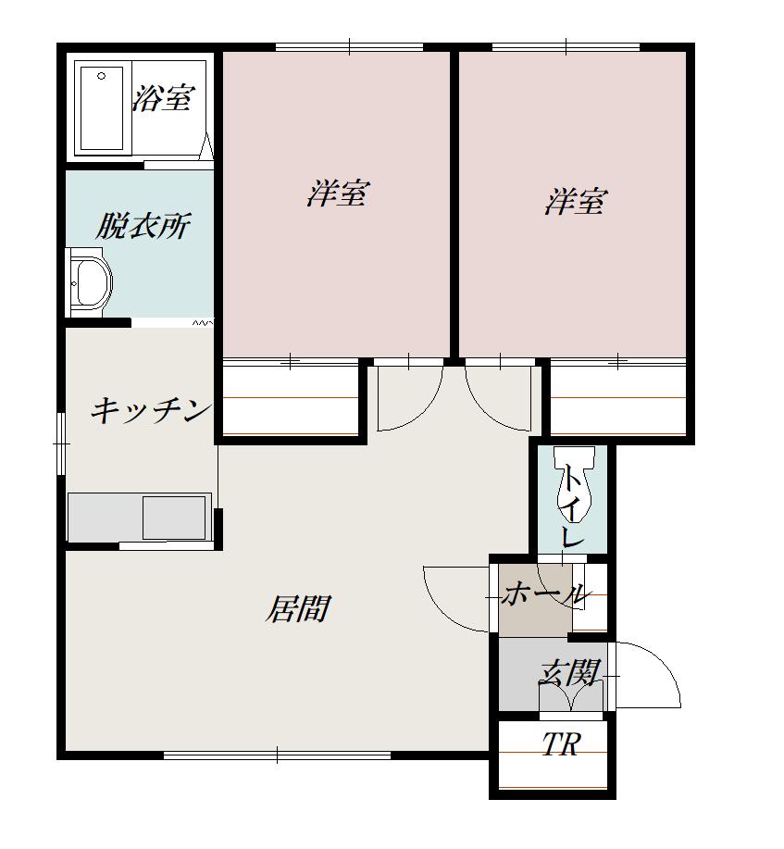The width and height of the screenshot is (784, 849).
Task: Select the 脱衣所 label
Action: tap(143, 225)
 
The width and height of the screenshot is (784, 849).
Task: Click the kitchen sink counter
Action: tap(139, 517)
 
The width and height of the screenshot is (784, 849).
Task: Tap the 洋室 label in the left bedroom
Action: tap(338, 194)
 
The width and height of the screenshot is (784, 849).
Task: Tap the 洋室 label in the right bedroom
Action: tap(575, 201)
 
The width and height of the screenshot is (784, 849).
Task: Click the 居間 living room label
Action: tap(298, 609)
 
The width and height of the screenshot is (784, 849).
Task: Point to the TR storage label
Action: tap(561, 744)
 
